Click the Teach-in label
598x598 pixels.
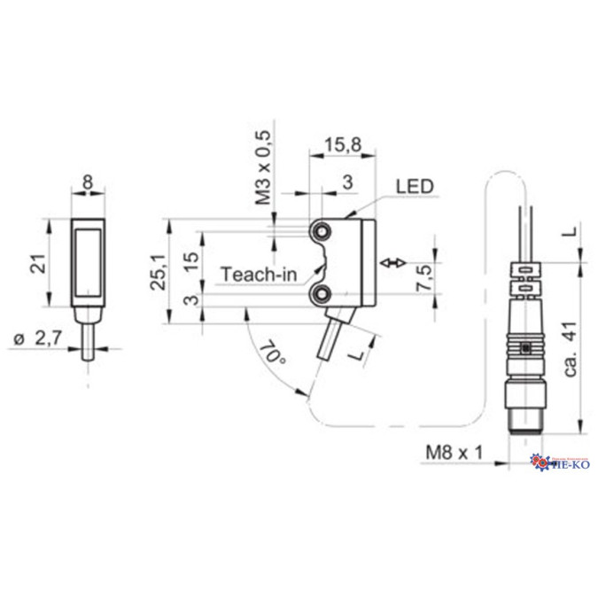click(258, 274)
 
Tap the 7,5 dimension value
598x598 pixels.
click(423, 279)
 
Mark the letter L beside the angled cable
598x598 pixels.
click(357, 353)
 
